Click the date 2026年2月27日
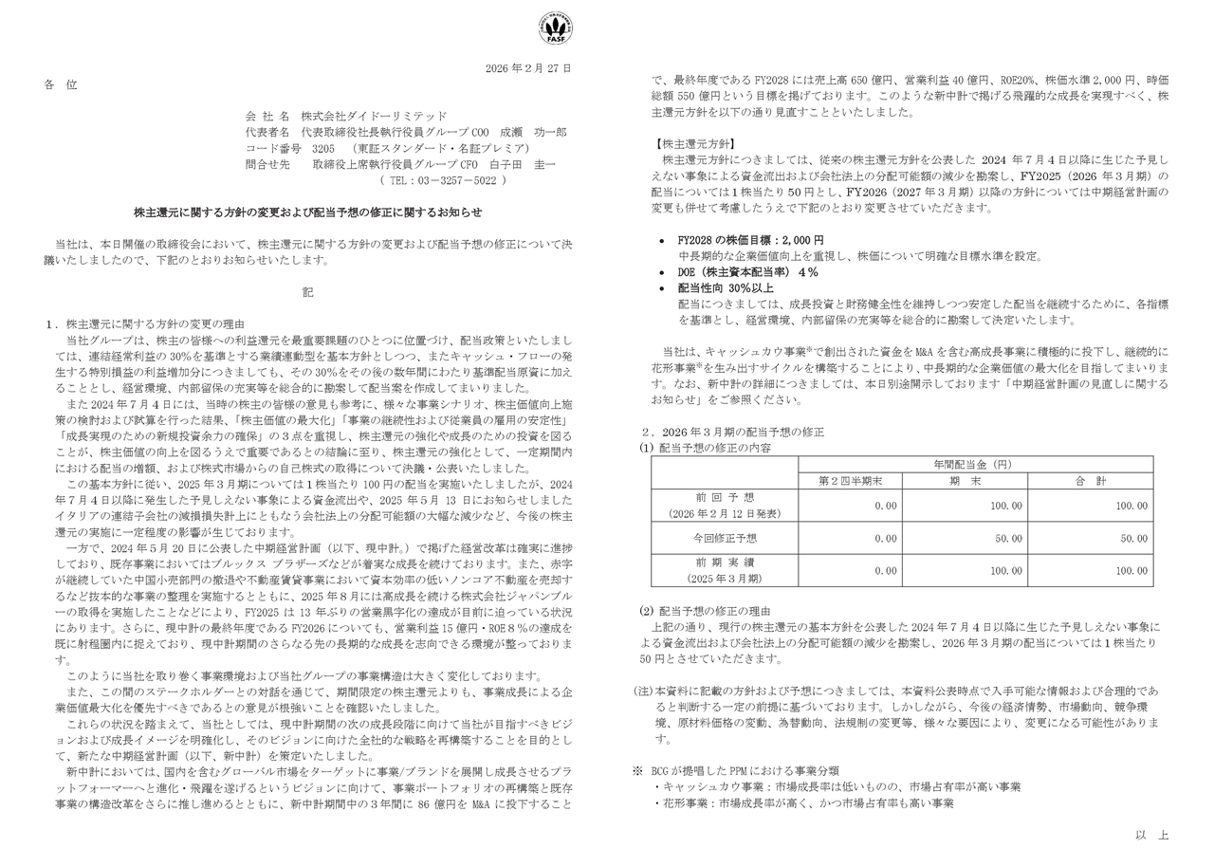(528, 68)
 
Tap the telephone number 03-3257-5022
(442, 180)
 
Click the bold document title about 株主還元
(307, 212)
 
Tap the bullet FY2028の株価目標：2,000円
(750, 240)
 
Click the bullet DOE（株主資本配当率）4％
(747, 271)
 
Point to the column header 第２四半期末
(850, 481)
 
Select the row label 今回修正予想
(725, 538)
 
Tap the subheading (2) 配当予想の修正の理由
(705, 610)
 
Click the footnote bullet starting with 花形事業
(803, 803)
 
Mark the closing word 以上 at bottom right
(1151, 835)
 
